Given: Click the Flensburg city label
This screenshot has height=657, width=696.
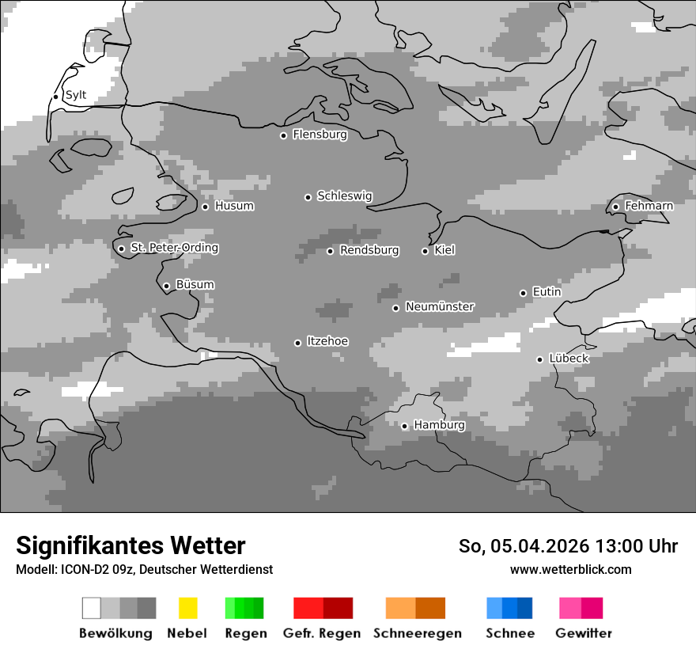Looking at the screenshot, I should point(320,135).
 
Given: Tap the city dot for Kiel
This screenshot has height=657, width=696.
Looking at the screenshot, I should point(425,251).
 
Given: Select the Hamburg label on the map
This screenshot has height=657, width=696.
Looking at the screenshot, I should point(439,425).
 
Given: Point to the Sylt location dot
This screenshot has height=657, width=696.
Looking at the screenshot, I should point(55,97).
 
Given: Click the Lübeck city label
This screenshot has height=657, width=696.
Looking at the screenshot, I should point(569,359).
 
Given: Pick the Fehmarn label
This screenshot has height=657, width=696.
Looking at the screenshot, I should point(649,206).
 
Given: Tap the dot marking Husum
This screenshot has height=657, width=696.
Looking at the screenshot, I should point(205,207).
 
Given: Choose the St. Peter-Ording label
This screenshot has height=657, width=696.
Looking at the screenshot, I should point(174,248).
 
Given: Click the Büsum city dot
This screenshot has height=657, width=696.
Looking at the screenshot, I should point(166,286).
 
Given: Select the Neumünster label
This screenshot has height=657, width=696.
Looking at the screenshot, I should point(440,306).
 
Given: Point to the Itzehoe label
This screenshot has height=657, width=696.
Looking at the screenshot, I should point(327,341).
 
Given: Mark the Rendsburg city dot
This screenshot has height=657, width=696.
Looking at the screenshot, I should point(330,251).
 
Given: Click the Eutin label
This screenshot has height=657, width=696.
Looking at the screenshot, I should point(547,292).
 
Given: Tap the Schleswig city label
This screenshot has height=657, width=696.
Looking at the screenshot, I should point(344,196).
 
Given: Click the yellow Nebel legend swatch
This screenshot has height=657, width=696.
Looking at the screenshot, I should point(187,608).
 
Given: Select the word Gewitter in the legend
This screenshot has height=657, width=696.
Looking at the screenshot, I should point(584,633).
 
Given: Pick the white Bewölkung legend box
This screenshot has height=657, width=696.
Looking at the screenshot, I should point(92,608).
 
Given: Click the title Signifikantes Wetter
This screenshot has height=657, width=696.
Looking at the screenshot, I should point(130,545).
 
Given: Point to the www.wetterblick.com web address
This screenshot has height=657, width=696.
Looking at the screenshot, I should point(570,569).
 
